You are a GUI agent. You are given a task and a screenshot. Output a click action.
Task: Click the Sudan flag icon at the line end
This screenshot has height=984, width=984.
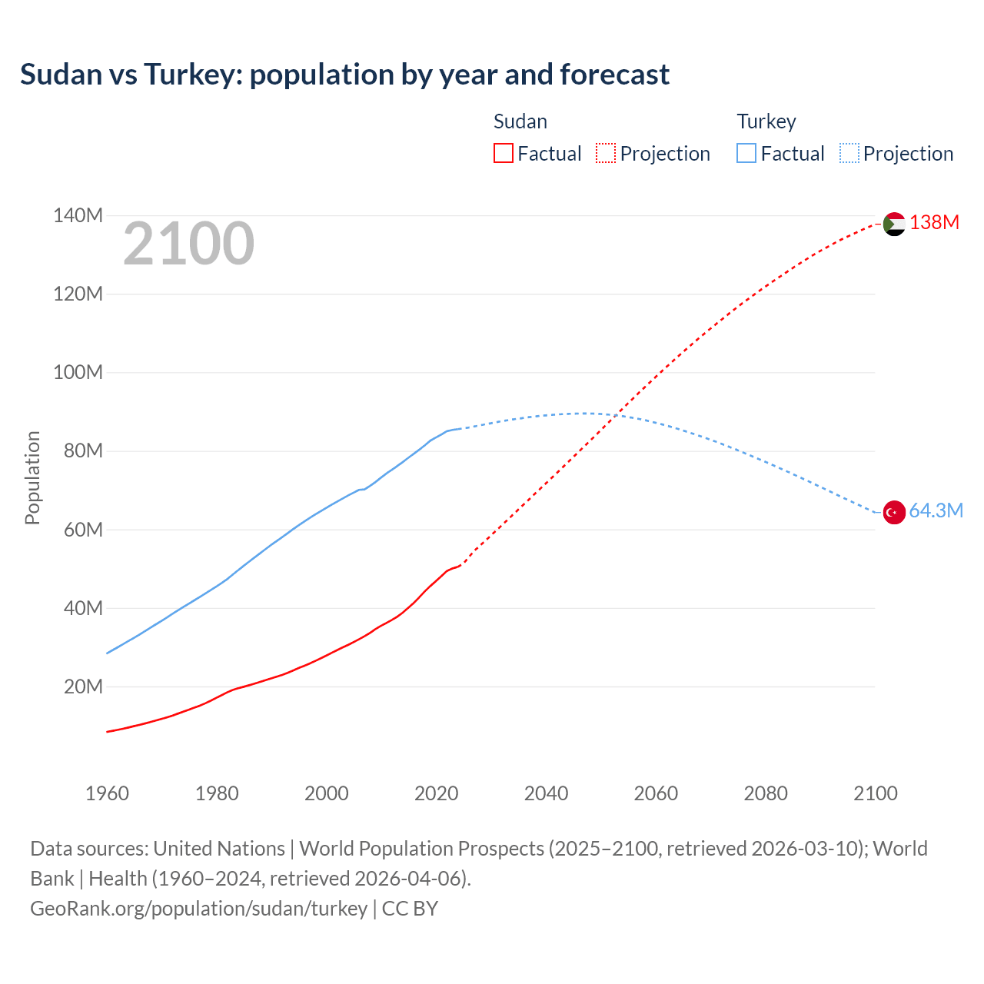tap(894, 224)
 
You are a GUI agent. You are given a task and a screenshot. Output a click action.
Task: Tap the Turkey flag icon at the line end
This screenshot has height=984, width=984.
tap(894, 512)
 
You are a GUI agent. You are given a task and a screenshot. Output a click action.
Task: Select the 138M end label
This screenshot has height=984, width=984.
tap(934, 223)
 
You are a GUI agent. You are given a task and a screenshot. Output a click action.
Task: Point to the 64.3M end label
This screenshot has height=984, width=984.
tap(936, 511)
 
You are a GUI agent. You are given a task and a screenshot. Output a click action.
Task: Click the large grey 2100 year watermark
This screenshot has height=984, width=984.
tap(188, 244)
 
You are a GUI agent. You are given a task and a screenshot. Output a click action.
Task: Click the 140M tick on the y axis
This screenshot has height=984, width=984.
tap(78, 216)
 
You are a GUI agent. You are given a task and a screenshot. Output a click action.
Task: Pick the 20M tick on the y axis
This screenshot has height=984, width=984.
tap(83, 686)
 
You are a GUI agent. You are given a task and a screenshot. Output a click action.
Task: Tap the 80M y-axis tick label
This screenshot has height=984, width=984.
tap(83, 451)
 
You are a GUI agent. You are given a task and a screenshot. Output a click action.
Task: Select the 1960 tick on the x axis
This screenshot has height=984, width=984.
tap(107, 793)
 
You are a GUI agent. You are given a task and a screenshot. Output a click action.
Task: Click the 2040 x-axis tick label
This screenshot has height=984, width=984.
tap(546, 793)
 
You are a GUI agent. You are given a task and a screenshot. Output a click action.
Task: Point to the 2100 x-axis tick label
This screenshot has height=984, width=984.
tap(875, 793)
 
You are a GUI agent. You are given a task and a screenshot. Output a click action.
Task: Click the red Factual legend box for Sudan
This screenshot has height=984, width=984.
tap(503, 154)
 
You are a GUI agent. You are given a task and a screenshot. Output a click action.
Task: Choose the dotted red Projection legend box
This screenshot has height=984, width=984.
tap(606, 154)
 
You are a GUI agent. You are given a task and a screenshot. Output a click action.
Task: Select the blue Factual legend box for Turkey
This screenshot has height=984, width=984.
tap(746, 154)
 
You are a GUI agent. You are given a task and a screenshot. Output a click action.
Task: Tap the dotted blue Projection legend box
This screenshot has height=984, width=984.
tap(849, 154)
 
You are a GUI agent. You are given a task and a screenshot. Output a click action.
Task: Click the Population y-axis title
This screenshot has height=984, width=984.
tap(32, 477)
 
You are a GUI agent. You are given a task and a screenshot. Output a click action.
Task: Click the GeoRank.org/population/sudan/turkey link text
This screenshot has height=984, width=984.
tap(199, 909)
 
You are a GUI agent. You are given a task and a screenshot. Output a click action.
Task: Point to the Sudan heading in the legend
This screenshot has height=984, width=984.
tap(520, 121)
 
